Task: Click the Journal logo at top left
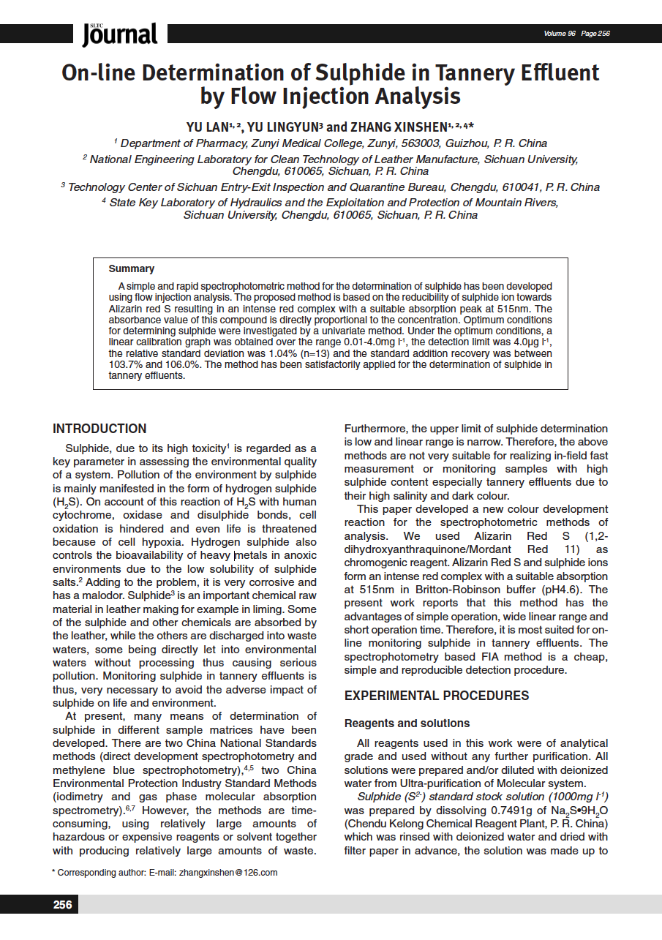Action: point(120,32)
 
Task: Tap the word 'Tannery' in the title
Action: point(478,73)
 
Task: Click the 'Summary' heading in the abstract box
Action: point(132,268)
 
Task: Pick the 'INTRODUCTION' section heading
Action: point(99,429)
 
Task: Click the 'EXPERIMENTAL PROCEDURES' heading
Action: point(437,696)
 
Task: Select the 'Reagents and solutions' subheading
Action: point(407,723)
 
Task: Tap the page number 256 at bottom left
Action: point(63,905)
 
